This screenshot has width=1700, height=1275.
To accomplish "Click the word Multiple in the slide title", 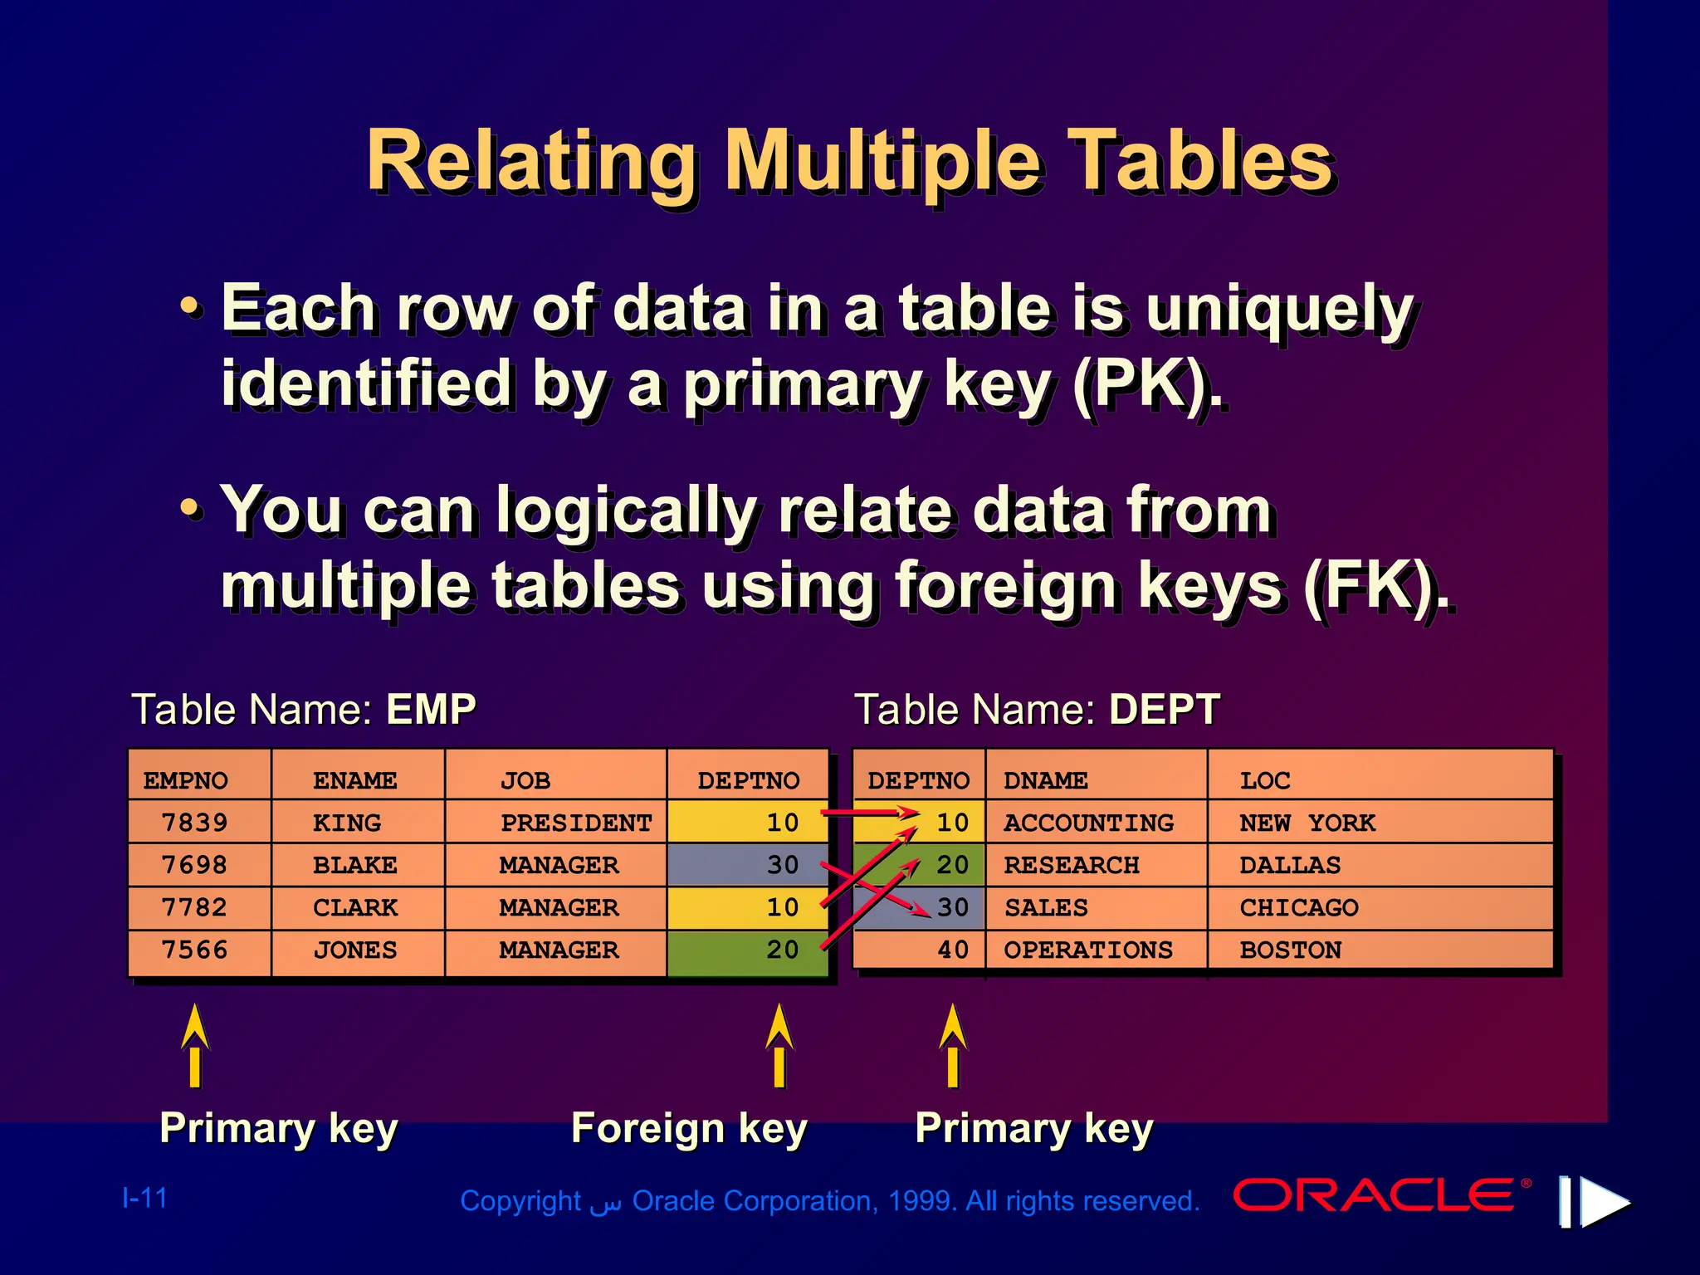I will (882, 161).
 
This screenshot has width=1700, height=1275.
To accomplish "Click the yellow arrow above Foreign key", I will (779, 1044).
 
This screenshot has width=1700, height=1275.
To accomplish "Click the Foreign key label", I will (689, 1128).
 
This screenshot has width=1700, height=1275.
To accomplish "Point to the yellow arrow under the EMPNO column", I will (195, 1044).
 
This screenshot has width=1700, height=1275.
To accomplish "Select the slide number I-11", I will (144, 1198).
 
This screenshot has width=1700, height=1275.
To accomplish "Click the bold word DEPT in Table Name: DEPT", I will (1164, 710).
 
